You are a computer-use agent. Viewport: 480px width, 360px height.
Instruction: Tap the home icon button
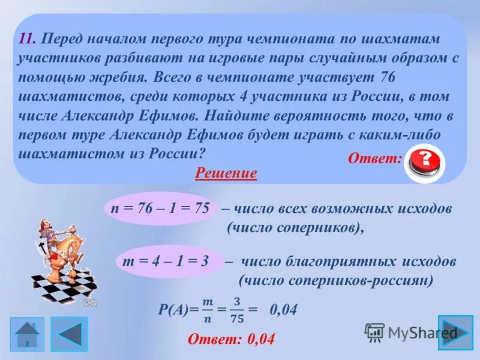27,334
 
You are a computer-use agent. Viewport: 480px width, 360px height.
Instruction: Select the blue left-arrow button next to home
69,334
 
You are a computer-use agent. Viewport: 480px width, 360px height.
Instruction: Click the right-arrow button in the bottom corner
455,332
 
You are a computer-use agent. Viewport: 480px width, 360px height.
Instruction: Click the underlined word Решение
226,174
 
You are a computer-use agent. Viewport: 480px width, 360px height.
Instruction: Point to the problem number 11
28,39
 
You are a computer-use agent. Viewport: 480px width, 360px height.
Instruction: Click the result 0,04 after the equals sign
283,310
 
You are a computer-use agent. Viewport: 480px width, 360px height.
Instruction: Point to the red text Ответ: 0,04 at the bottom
231,339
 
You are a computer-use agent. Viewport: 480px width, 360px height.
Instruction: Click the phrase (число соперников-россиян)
336,280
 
